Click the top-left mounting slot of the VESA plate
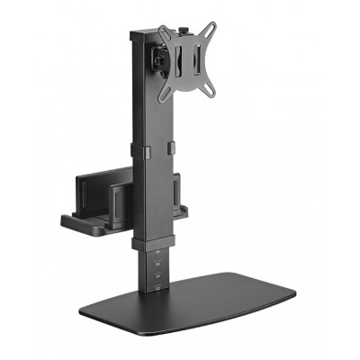click(x=165, y=33)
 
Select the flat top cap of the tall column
click(x=144, y=34)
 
